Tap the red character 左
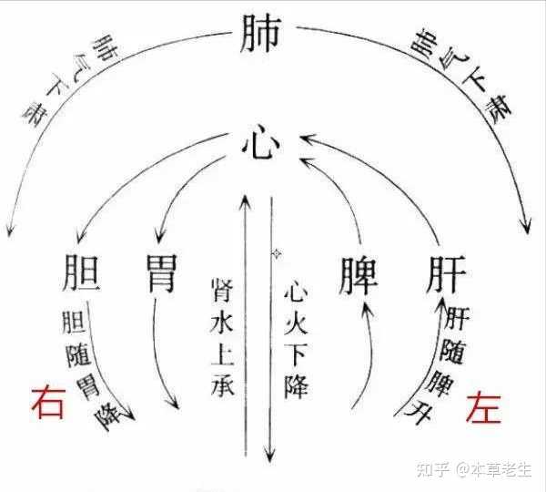(x=483, y=402)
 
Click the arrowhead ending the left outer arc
(x=10, y=228)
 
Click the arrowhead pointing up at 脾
(x=366, y=307)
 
